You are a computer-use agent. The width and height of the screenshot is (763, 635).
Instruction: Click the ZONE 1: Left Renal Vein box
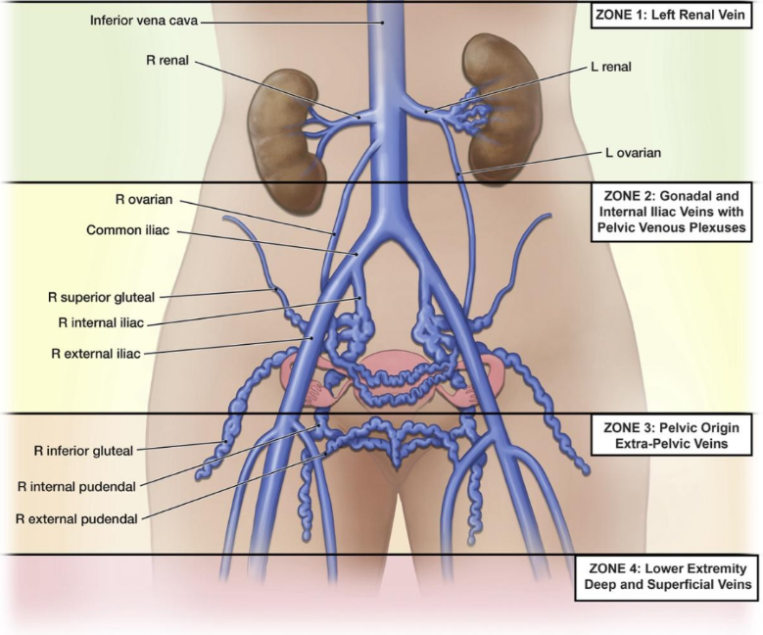coord(672,15)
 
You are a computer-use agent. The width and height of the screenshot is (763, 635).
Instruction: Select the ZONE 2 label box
coord(672,212)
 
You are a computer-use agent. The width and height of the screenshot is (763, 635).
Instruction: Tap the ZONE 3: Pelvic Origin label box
coord(672,435)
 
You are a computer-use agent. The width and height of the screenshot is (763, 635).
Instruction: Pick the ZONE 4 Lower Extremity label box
coord(667,576)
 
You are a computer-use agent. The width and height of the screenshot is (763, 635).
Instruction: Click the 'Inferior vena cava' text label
coord(144,21)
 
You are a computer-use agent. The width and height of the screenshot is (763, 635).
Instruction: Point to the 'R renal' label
coord(167,61)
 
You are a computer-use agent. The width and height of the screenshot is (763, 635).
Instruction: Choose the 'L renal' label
coord(611,67)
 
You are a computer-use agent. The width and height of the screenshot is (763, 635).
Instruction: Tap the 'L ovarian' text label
coord(633,153)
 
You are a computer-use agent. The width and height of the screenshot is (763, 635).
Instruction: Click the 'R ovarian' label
coord(144,200)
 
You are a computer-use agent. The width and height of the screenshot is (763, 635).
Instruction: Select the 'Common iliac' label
coord(128,230)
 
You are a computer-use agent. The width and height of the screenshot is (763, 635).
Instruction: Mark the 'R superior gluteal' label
coord(101,297)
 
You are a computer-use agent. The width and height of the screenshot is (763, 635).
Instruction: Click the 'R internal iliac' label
coord(101,322)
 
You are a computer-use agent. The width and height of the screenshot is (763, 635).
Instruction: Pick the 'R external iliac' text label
coord(96,354)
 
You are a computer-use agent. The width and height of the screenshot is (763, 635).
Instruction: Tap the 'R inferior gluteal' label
coord(83,451)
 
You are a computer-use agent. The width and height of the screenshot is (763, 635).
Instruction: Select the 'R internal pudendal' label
coord(76,486)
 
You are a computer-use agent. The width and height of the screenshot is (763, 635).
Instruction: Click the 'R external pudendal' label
coord(76,519)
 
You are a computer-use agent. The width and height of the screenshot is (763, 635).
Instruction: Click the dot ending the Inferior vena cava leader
coord(382,23)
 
